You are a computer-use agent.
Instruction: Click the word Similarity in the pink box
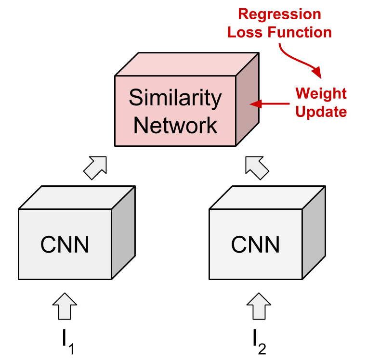click(175, 99)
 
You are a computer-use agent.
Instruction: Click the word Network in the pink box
click(175, 126)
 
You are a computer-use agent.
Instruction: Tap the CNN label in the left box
click(65, 244)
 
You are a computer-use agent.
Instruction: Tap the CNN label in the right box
click(255, 244)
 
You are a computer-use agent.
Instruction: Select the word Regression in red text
click(279, 14)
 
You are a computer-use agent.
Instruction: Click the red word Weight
click(321, 93)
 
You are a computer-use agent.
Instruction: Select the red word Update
click(321, 112)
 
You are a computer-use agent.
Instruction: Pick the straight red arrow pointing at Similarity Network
click(270, 103)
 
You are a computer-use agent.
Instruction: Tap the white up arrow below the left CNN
click(65, 307)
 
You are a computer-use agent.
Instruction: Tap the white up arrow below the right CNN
click(259, 307)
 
